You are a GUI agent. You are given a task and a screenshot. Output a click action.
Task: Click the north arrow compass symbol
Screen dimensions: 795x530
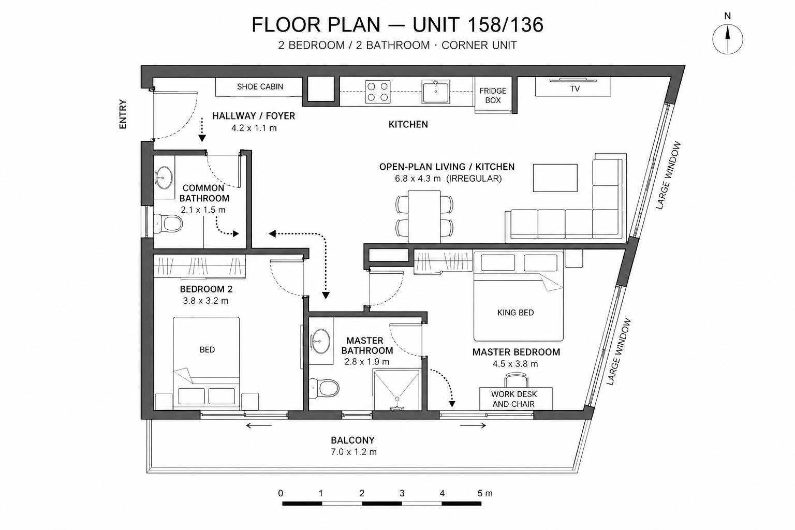(728, 39)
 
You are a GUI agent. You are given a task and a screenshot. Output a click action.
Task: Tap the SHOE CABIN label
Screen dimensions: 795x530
(260, 86)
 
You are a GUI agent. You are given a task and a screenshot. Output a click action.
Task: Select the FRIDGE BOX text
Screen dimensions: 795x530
(493, 95)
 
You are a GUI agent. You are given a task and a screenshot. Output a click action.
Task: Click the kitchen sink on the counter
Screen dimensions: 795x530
(435, 92)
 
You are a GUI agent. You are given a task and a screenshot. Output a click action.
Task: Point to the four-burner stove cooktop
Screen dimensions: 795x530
(378, 92)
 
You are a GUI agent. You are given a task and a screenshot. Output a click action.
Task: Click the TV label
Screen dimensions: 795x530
(575, 89)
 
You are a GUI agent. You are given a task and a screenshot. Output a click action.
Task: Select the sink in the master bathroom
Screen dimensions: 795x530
(320, 341)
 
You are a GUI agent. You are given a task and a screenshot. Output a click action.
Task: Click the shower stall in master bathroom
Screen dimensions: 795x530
(396, 389)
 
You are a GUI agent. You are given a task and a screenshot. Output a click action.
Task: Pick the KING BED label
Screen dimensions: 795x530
(516, 313)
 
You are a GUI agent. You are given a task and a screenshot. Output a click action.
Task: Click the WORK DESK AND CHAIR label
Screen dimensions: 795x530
(513, 399)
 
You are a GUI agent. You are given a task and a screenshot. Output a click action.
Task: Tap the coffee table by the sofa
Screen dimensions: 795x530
(555, 178)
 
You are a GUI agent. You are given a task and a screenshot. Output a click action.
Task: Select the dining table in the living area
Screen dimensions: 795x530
(424, 216)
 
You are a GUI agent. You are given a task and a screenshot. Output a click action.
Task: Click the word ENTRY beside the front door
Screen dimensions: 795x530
(123, 114)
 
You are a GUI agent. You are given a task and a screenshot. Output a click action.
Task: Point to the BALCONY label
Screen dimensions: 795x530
(352, 440)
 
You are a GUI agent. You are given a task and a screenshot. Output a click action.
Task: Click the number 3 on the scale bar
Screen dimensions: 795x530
(402, 493)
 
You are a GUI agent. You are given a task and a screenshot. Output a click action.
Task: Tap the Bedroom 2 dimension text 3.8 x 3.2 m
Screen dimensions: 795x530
(205, 301)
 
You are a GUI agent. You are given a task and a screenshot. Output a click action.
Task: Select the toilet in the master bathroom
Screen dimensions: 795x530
(324, 388)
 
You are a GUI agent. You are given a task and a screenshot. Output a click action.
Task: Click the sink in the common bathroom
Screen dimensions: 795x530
(164, 178)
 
